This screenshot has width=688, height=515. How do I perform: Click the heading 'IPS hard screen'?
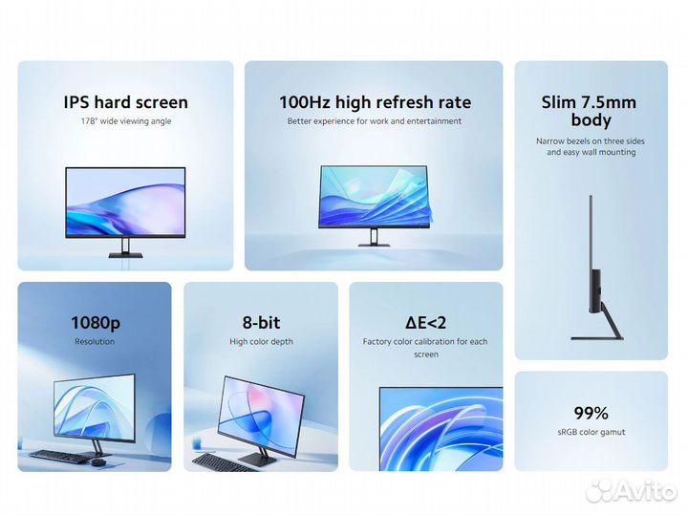(125, 102)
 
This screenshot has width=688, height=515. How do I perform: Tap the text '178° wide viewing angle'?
(125, 121)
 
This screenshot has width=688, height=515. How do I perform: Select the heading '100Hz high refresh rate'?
(375, 102)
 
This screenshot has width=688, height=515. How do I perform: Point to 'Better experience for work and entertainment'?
(375, 121)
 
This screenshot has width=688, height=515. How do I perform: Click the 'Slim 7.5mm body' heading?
(590, 111)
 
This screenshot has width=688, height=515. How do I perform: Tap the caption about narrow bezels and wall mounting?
(591, 146)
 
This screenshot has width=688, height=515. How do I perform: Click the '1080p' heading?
(95, 323)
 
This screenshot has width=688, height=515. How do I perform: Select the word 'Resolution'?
(95, 341)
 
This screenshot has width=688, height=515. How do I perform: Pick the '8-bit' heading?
(261, 323)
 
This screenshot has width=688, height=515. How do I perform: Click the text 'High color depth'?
(261, 341)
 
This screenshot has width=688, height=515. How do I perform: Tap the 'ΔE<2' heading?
(425, 323)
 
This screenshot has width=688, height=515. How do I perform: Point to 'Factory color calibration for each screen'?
(425, 347)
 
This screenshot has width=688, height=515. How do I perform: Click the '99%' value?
(591, 413)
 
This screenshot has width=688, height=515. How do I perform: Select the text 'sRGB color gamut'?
(591, 432)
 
